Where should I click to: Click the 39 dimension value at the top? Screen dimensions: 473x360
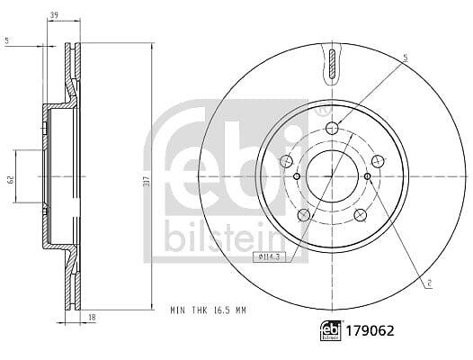pyautogui.click(x=54, y=15)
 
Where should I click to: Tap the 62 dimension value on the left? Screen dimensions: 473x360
pyautogui.click(x=11, y=179)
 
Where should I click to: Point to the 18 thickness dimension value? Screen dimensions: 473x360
pyautogui.click(x=93, y=318)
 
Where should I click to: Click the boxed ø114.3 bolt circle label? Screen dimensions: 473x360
pyautogui.click(x=269, y=257)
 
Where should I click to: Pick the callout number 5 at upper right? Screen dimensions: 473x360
pyautogui.click(x=406, y=58)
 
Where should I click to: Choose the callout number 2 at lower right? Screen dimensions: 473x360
pyautogui.click(x=429, y=283)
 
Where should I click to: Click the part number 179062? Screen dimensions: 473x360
pyautogui.click(x=370, y=331)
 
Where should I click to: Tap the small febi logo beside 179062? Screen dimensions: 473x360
pyautogui.click(x=330, y=330)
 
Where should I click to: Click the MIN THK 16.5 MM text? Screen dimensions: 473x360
pyautogui.click(x=208, y=310)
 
